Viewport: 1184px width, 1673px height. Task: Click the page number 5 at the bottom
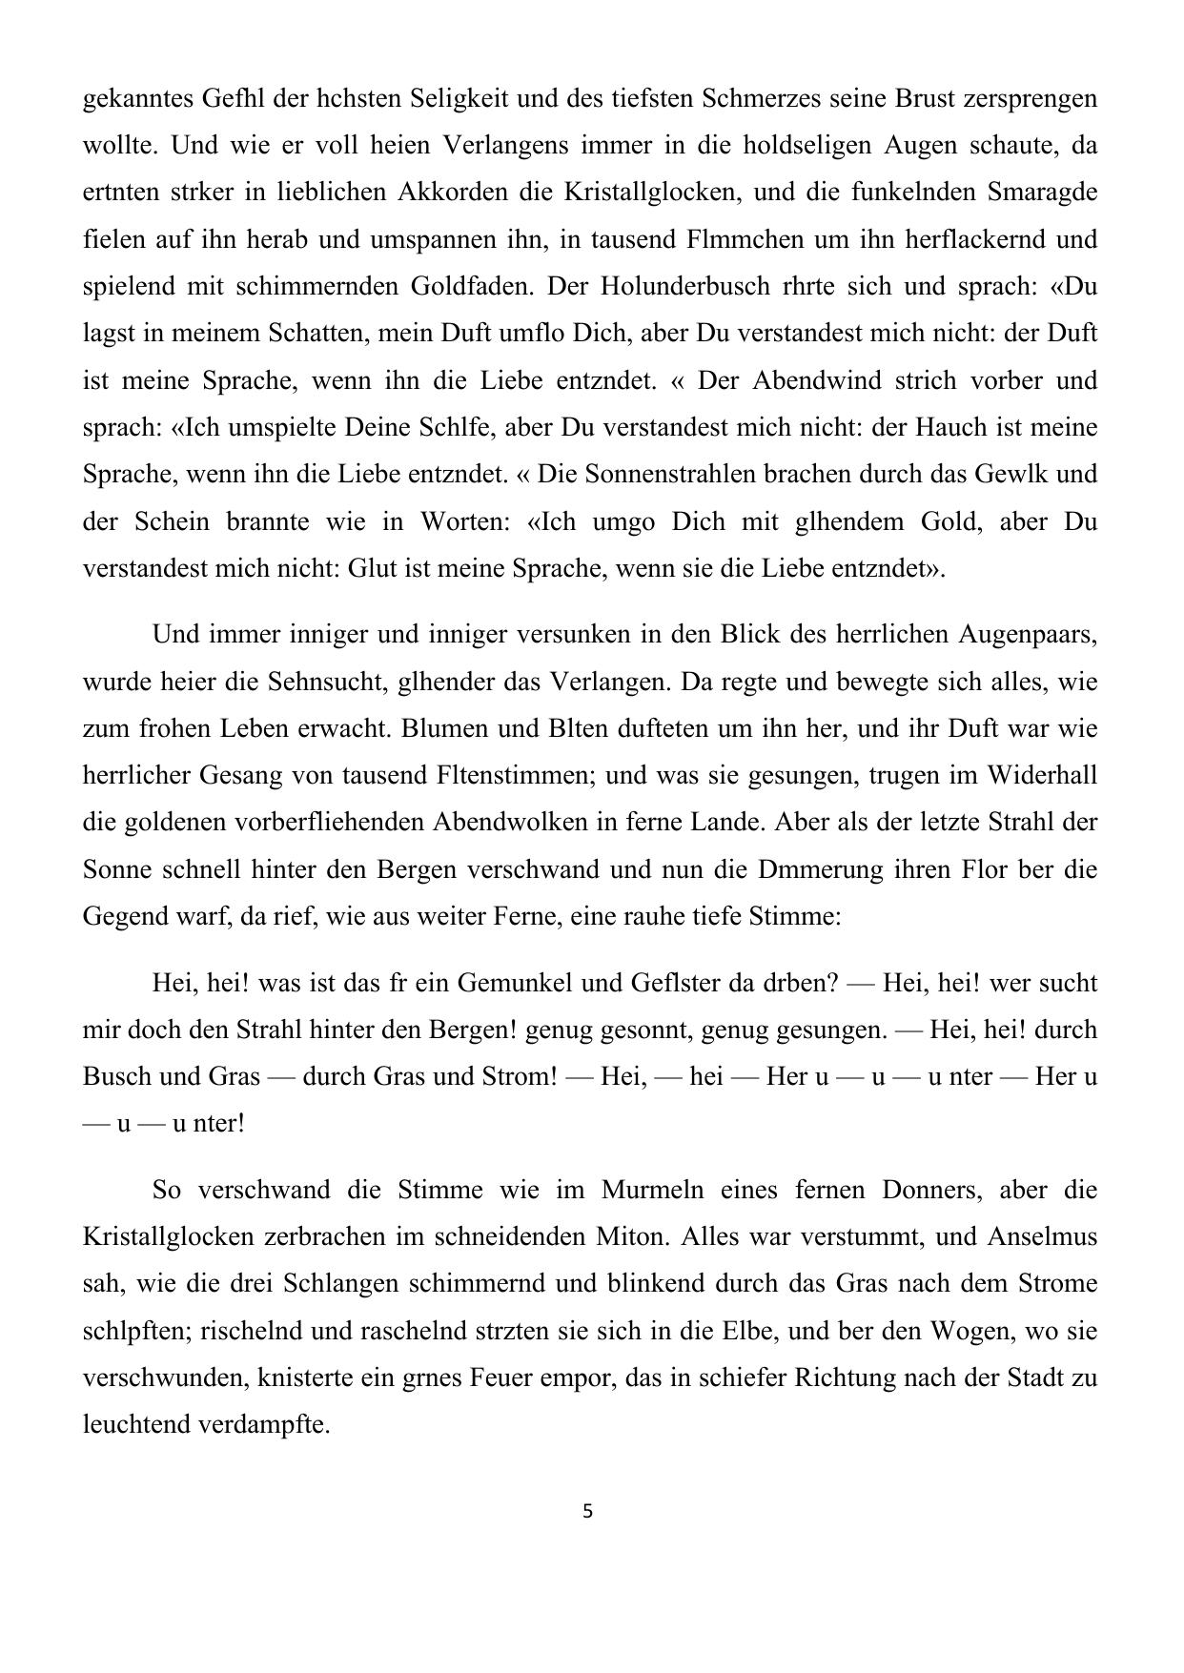[x=587, y=1511]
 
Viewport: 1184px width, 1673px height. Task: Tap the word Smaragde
[x=1043, y=192]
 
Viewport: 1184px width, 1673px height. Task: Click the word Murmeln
[x=653, y=1190]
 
